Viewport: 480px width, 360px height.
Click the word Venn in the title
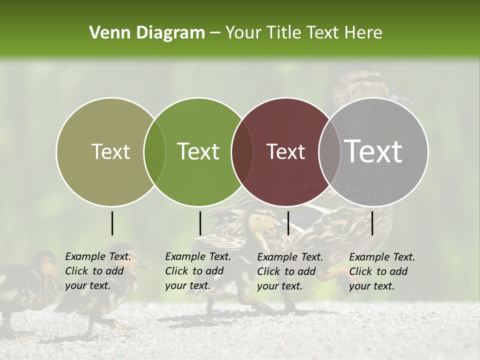106,33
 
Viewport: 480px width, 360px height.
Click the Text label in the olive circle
110,151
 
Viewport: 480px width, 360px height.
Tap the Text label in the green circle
198,151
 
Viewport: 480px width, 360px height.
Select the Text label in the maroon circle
285,151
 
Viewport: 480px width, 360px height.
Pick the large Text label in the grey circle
373,151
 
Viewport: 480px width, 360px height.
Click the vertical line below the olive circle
112,223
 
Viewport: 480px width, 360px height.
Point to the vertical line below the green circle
200,223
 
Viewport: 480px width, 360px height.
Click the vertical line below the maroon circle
288,223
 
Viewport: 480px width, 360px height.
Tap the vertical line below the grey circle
372,223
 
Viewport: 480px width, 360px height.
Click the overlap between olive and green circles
154,151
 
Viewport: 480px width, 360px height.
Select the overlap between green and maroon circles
242,151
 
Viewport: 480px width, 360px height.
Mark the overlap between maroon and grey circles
329,151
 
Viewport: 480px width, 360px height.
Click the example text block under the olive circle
98,271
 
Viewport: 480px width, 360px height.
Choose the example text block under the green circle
198,271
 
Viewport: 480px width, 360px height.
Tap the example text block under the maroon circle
290,271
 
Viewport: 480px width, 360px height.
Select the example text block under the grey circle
382,271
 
